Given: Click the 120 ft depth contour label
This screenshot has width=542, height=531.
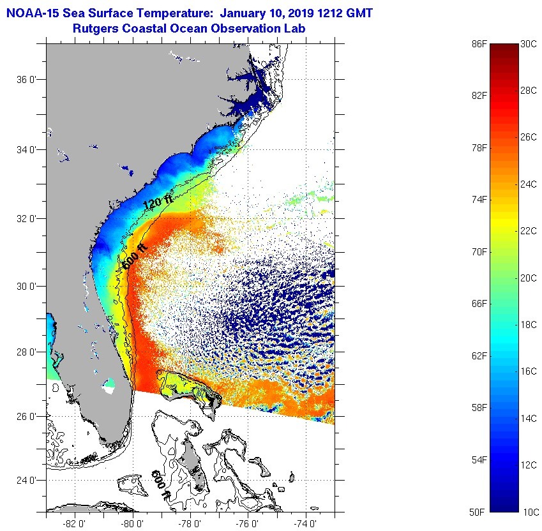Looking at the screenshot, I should click(158, 202).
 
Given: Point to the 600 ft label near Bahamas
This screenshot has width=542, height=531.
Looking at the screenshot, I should click(161, 485).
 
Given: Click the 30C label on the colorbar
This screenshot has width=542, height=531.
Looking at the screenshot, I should click(529, 43).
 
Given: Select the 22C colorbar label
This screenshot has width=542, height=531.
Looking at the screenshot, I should click(529, 230).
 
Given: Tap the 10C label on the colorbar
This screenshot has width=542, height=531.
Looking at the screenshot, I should click(529, 512).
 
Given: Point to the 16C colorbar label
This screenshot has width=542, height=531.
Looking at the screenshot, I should click(529, 371).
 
